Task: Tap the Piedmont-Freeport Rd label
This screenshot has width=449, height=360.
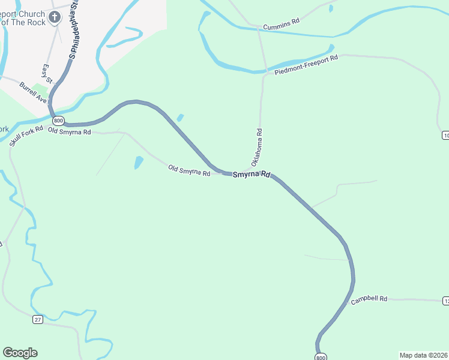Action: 307,65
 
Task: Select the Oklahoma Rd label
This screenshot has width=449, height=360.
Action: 256,147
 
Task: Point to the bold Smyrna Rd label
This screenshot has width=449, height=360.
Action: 252,175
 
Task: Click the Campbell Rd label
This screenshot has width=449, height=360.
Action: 369,299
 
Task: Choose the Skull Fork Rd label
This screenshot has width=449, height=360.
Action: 26,136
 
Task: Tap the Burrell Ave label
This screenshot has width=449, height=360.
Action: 32,92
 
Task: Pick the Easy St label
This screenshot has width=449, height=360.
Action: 47,73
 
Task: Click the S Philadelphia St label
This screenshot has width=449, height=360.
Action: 74,30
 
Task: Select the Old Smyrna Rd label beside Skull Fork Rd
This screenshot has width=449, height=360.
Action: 70,131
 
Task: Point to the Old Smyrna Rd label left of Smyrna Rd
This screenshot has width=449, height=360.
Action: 189,170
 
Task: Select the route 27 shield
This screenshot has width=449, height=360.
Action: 38,320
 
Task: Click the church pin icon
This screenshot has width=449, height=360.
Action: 55,17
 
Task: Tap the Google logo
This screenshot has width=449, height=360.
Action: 20,353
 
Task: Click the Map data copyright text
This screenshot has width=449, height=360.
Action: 423,355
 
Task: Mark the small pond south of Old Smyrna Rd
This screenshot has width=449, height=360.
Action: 139,162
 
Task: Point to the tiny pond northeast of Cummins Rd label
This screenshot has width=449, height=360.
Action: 331,8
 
